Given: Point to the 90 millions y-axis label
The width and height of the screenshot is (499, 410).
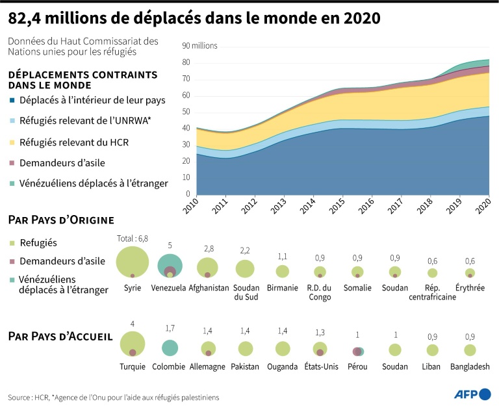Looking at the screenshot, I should coord(199,46).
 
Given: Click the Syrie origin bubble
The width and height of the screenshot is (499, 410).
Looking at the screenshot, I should coord(133,263).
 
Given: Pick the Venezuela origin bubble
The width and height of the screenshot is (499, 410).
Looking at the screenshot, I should coord(170,266).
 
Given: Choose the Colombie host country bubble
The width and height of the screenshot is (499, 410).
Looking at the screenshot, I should coord(170,348).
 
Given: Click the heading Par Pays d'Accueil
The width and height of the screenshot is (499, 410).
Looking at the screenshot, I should coord(60,337).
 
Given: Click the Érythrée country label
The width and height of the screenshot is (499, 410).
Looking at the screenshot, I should coord(470,288).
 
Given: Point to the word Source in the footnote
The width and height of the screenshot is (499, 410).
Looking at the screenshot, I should coord(20,397).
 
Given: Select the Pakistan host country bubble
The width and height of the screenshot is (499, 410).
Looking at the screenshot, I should coord(245,349).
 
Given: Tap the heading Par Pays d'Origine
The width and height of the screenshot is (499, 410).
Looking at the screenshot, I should coord(60,220).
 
